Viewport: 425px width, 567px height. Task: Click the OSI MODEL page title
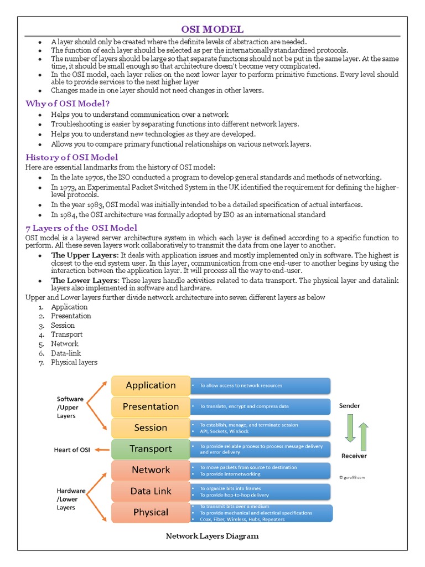point(212,29)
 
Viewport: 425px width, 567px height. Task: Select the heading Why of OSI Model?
point(68,104)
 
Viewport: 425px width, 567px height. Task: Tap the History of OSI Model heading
point(72,157)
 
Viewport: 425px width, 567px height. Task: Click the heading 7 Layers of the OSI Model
point(81,228)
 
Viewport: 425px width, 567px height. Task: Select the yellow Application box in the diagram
point(151,385)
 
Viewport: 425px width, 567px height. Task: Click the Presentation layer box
point(151,406)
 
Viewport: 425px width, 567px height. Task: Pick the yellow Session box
point(151,427)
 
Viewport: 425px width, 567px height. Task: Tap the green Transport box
point(151,449)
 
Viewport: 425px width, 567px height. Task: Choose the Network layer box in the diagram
point(151,470)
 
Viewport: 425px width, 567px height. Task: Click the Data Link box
point(151,491)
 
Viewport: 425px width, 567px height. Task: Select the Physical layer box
point(151,512)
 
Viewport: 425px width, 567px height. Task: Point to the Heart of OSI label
point(74,450)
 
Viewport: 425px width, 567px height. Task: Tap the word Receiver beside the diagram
point(354,456)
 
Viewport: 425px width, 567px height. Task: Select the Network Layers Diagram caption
point(212,536)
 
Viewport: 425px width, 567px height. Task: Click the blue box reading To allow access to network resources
point(260,385)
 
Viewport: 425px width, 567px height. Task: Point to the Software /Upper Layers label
point(70,407)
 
